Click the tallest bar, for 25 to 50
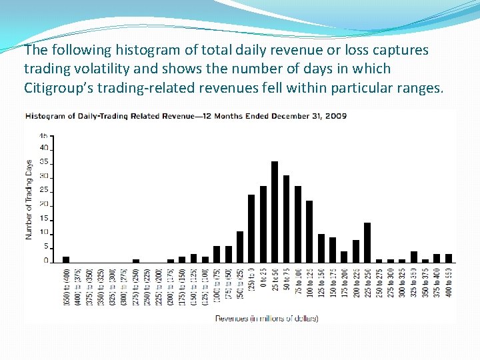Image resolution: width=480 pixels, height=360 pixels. tap(275, 212)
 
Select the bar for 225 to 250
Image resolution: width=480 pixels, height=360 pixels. tap(367, 243)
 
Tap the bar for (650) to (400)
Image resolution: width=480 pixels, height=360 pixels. tap(66, 259)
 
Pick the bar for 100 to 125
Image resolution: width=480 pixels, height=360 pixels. tap(309, 231)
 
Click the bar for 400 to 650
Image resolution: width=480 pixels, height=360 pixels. tap(449, 258)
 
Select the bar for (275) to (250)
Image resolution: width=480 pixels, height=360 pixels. tap(136, 261)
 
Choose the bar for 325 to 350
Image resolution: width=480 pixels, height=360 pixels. tap(414, 257)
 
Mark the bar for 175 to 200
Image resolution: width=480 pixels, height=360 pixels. tap(344, 257)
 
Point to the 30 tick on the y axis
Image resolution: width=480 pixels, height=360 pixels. tap(45, 176)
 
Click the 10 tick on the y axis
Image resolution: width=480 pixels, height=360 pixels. tap(45, 233)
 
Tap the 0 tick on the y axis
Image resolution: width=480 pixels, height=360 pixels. tap(46, 261)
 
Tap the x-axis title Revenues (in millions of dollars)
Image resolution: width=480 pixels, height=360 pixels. tap(266, 318)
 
